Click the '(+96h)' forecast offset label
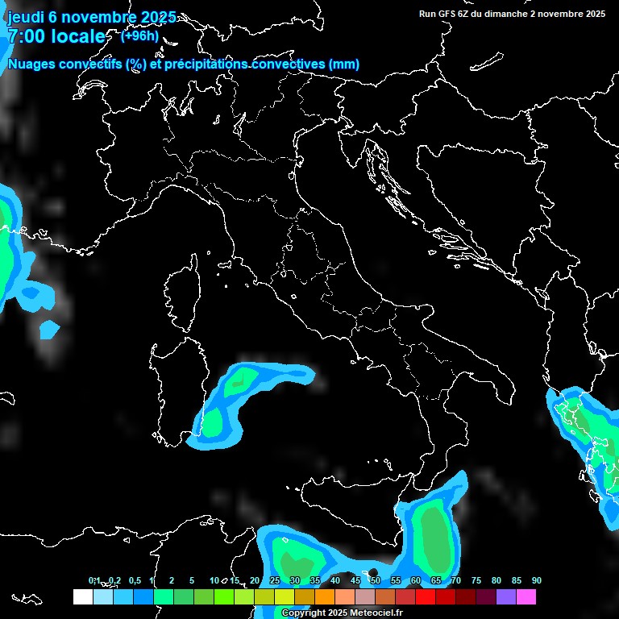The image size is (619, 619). (x=139, y=35)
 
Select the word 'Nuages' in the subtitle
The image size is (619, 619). (x=32, y=64)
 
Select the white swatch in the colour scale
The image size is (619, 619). (x=82, y=596)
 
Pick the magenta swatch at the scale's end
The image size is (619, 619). (x=526, y=596)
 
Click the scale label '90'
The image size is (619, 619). (x=536, y=580)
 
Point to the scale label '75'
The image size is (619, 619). (x=476, y=580)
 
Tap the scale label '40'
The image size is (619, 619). (x=334, y=580)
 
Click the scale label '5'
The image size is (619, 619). (x=192, y=580)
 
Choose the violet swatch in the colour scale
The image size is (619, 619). (x=505, y=596)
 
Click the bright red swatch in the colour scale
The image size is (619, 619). (x=425, y=596)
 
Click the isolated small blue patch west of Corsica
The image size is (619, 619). (x=49, y=329)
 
